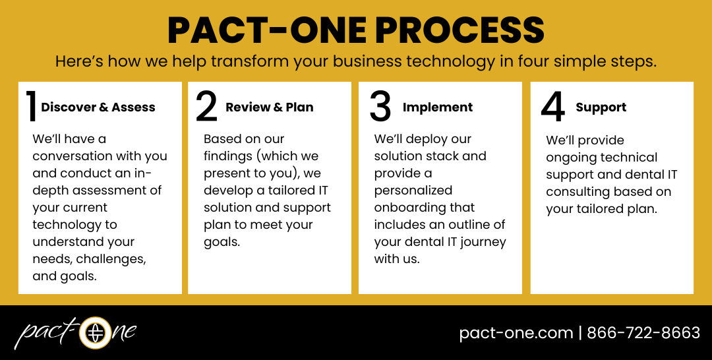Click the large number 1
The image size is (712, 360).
coord(30,107)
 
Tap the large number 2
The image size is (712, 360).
coord(206,107)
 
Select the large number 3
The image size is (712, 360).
coord(380,107)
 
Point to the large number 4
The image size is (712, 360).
coord(552,107)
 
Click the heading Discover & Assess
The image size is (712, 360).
coord(98,107)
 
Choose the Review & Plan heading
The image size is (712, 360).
coord(269,107)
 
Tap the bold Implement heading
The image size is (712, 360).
coord(438,107)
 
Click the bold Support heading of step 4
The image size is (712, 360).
coord(601,107)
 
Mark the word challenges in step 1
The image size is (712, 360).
coord(116,259)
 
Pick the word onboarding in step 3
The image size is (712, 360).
coord(414,208)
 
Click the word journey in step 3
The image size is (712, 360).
coord(481,242)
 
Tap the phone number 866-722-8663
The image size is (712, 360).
coord(643,333)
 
